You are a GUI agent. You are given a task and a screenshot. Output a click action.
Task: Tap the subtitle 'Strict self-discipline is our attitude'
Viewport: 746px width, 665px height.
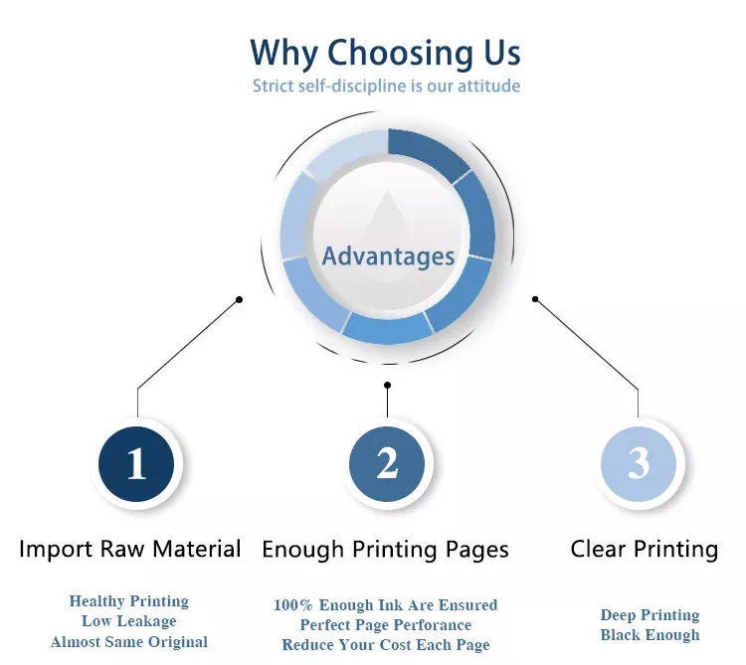coord(386,85)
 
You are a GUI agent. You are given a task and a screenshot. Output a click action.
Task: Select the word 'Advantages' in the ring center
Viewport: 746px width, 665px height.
coord(388,256)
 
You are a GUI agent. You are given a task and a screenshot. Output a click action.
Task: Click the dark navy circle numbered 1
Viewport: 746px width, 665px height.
coord(136,463)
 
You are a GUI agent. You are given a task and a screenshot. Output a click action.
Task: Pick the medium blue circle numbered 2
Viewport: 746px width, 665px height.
coord(387,463)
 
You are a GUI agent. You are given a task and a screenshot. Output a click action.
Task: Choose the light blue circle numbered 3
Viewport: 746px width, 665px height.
coord(639,463)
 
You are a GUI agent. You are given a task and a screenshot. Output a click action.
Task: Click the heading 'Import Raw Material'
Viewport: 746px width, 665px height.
coord(130,549)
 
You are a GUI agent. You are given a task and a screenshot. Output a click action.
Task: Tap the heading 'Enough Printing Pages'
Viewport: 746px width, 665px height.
coord(385,549)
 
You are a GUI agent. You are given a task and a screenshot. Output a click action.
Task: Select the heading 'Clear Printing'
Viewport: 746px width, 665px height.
coord(644,549)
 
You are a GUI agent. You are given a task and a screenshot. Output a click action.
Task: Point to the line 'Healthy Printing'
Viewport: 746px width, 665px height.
coord(128,601)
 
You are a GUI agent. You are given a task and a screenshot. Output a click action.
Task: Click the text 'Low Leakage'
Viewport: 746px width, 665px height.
coord(128,621)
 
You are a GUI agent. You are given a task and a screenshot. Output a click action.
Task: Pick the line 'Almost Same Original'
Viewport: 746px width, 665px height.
coord(129,642)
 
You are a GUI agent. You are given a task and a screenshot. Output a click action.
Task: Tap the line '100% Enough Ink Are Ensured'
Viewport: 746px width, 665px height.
coord(385,604)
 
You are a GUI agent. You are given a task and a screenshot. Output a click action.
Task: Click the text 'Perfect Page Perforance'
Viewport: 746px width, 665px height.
coord(385,624)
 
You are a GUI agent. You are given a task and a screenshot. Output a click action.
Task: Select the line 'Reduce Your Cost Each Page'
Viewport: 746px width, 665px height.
coord(385,645)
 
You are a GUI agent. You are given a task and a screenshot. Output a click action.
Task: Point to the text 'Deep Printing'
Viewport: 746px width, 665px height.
coord(650,615)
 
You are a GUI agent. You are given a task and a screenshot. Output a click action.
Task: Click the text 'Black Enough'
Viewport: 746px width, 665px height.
coord(650,635)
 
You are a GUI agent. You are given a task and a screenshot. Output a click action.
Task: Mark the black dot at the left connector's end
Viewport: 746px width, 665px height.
coord(239,299)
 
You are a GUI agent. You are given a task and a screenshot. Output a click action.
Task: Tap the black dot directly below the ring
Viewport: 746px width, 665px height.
coord(387,385)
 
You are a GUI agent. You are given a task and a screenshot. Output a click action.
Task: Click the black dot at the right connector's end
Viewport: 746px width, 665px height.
coord(535,299)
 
